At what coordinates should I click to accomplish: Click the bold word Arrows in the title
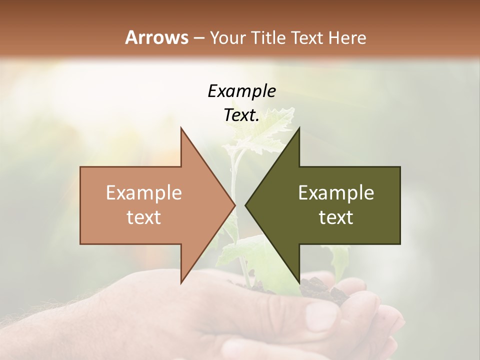click(x=156, y=37)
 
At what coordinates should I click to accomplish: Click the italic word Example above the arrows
click(x=241, y=91)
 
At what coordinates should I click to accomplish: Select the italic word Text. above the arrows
click(x=241, y=115)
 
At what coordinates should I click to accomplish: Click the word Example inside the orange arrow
click(x=143, y=193)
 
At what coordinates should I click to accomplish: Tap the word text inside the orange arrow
click(x=143, y=217)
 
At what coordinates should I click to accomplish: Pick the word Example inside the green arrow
click(x=336, y=193)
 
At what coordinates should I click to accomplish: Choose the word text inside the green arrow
click(x=336, y=217)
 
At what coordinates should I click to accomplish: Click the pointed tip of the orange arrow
click(x=234, y=205)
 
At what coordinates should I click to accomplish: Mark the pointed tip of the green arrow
click(x=245, y=205)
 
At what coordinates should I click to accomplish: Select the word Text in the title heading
click(x=307, y=38)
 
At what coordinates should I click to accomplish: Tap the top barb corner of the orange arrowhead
click(x=181, y=128)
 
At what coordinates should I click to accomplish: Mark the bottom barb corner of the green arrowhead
click(x=299, y=283)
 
